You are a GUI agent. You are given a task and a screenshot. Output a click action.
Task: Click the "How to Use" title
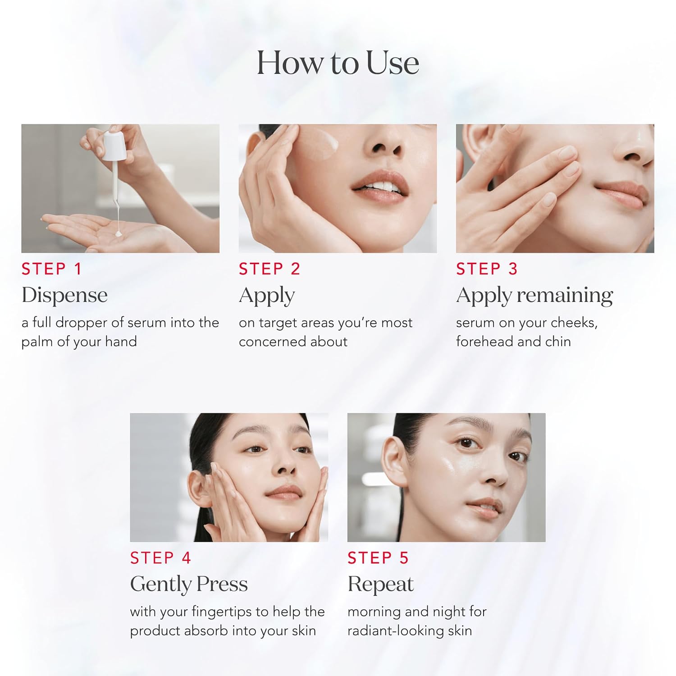click(x=338, y=63)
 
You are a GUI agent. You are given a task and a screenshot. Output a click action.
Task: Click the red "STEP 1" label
click(x=51, y=269)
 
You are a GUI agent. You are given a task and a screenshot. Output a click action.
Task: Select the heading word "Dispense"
click(x=64, y=296)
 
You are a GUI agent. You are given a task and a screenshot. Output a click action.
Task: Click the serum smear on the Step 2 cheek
click(x=317, y=144)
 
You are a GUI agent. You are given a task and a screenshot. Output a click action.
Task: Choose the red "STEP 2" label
click(x=269, y=269)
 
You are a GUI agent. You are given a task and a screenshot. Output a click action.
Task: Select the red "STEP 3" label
click(x=487, y=269)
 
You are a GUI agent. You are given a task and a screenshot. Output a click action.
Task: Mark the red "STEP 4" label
click(x=160, y=558)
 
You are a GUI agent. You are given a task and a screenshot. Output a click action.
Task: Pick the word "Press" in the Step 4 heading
click(x=222, y=585)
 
